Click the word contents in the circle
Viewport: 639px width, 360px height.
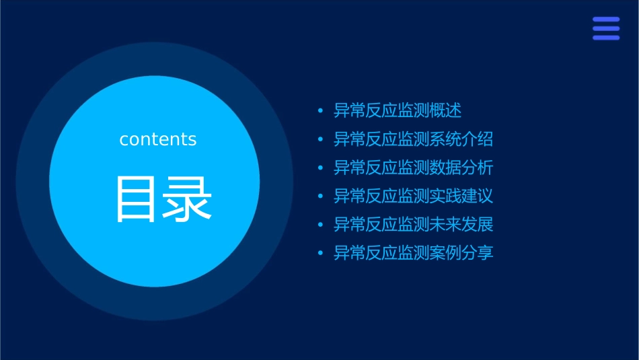(x=158, y=139)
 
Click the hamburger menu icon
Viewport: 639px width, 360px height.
(x=606, y=28)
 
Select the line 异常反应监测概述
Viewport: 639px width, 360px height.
(x=398, y=110)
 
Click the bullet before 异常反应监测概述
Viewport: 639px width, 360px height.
(x=320, y=111)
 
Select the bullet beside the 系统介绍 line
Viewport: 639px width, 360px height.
(x=320, y=140)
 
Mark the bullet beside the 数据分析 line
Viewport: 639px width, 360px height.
(x=320, y=168)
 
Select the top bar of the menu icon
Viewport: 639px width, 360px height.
(x=606, y=20)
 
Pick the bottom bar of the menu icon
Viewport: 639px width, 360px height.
(x=606, y=38)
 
